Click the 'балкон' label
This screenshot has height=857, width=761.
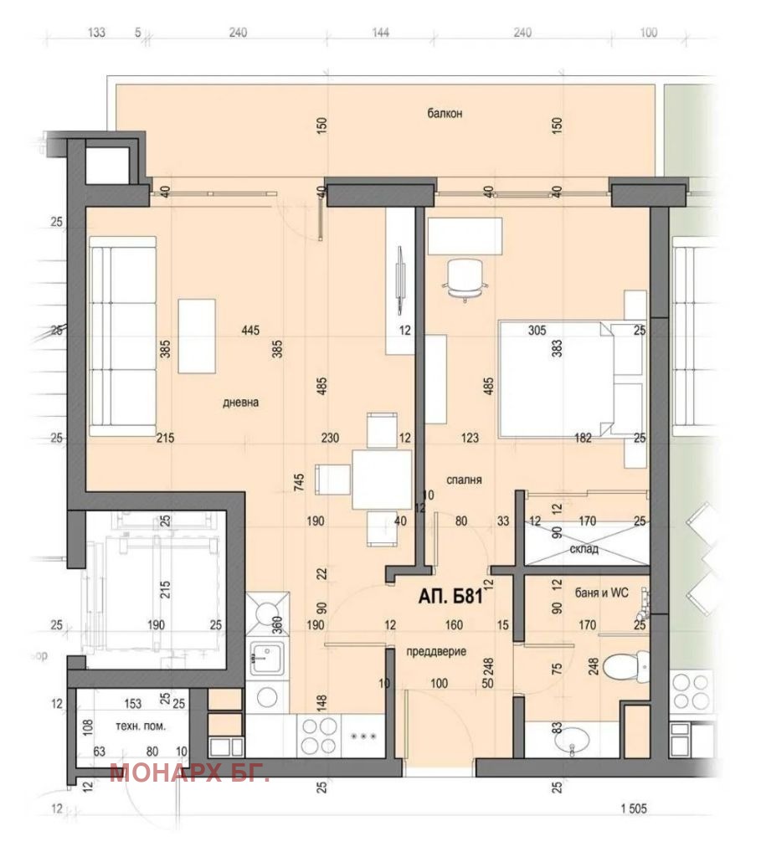point(445,114)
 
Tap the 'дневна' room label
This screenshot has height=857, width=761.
point(240,403)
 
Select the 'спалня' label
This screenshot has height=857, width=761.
point(464,480)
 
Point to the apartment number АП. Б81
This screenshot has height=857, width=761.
point(451,596)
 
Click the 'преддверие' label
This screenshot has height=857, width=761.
point(436,651)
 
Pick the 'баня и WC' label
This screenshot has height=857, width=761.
point(602,593)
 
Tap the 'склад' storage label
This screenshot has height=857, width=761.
point(584,549)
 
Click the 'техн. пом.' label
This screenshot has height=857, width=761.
point(140,726)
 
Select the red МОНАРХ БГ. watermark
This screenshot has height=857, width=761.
point(189,772)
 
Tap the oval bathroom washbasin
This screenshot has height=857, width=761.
point(572,742)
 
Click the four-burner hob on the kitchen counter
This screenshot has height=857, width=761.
point(319,736)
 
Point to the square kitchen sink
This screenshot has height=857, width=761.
point(267,658)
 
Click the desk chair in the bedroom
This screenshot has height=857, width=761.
point(465,280)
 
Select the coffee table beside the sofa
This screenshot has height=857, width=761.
point(196,336)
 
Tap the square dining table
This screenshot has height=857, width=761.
point(382,480)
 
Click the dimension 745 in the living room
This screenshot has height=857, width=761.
point(299,481)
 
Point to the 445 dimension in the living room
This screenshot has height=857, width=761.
point(250,330)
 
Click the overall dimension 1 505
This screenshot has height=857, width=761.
point(634,808)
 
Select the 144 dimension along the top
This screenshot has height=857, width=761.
point(380,33)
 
